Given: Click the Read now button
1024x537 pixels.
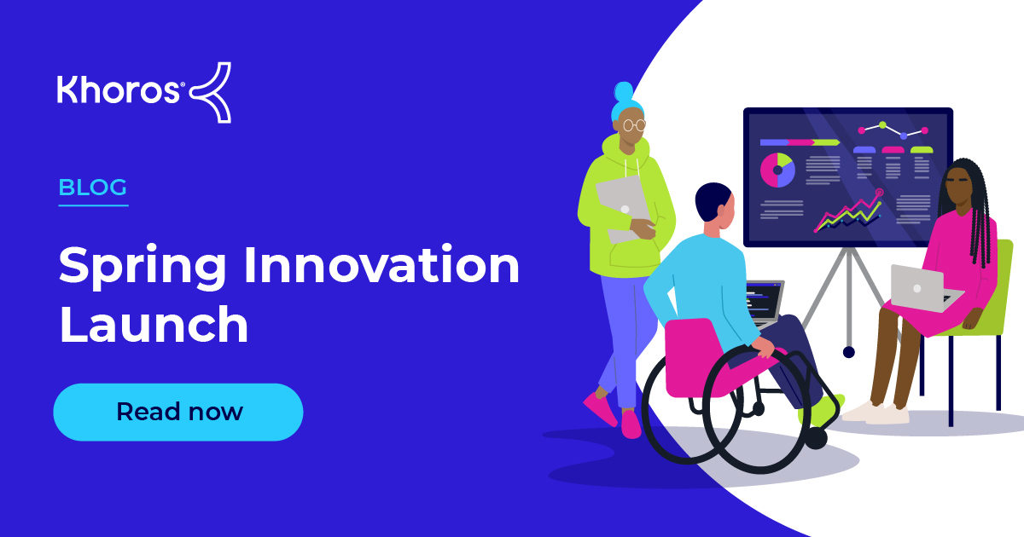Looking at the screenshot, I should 178,412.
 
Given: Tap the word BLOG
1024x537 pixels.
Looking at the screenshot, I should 93,188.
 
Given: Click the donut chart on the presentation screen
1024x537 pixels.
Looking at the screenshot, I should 777,170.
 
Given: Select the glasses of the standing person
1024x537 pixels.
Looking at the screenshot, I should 633,124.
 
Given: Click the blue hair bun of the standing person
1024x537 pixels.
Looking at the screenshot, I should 623,91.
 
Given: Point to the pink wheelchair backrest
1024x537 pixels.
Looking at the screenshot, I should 693,354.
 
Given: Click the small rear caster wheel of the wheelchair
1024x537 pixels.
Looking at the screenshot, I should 817,438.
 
